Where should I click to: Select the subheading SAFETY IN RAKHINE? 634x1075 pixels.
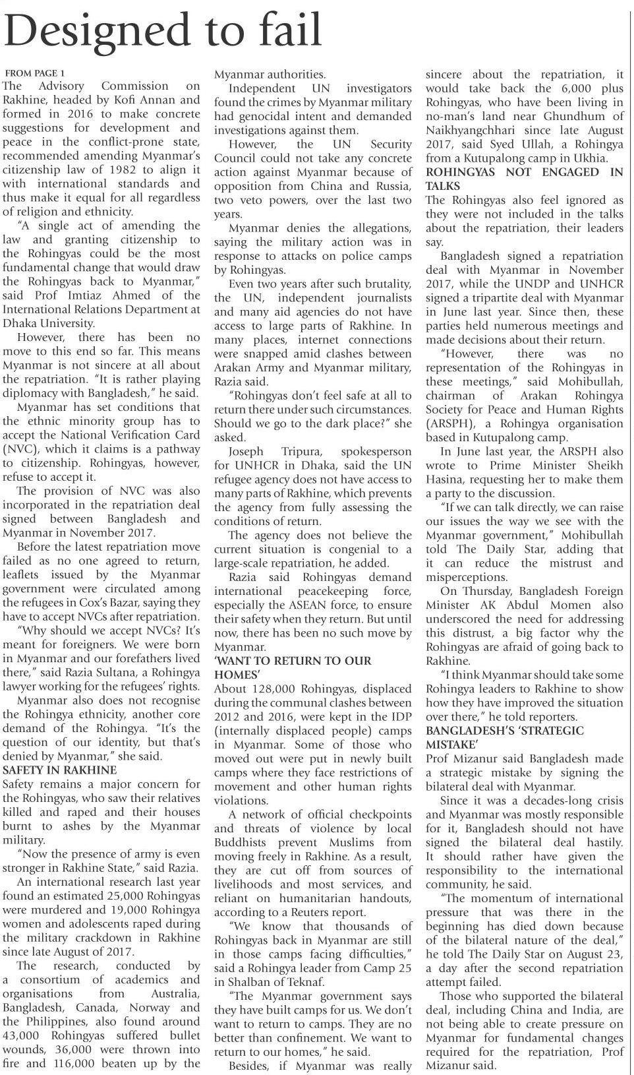tap(60, 770)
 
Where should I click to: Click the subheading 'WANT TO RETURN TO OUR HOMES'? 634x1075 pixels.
tap(293, 667)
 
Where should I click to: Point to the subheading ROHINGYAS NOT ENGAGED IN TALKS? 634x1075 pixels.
tap(523, 179)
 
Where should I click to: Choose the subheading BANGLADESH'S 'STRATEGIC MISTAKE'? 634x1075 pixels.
tap(505, 737)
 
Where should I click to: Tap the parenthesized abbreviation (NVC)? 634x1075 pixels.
tap(19, 449)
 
